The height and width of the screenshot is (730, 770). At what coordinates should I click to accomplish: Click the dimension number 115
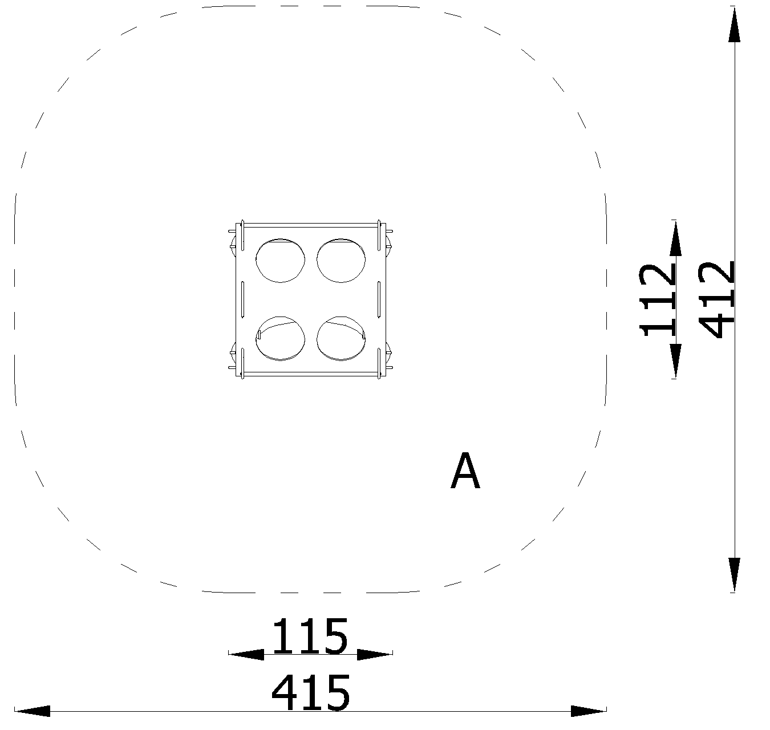pos(310,636)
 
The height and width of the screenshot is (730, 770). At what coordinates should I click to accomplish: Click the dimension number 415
pos(311,692)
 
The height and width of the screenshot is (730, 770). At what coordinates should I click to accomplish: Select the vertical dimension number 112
pos(657,300)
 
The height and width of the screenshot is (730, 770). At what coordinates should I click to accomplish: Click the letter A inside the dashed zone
pos(465,471)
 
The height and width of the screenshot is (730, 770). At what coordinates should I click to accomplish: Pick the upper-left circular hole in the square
pos(280,260)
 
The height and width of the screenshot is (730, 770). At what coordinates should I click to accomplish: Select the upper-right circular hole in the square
pos(341,260)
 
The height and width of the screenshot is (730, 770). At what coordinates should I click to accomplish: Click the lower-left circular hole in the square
pos(280,338)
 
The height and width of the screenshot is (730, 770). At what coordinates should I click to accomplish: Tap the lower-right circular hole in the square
pos(341,338)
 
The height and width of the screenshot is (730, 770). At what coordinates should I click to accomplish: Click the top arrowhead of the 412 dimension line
pos(735,25)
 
